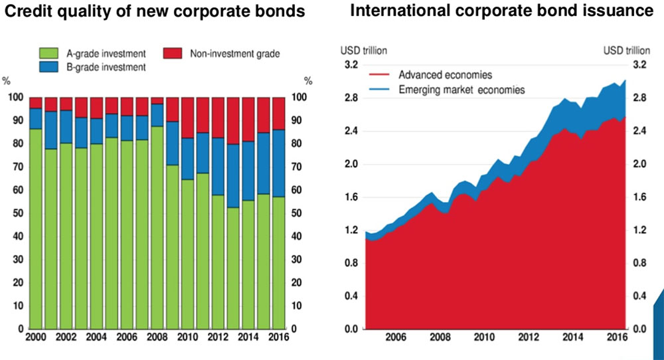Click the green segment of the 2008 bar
157,226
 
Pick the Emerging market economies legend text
461,89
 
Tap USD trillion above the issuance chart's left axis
364,50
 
